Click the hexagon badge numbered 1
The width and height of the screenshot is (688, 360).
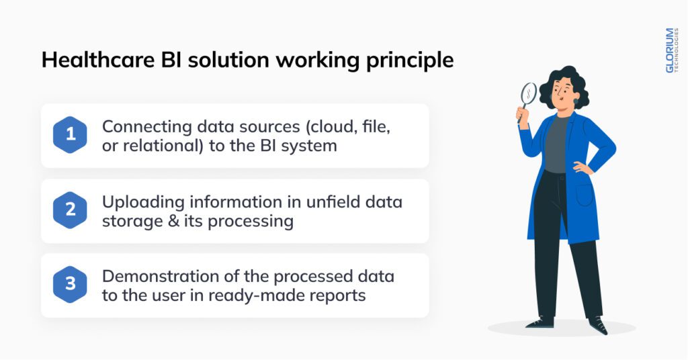coord(70,135)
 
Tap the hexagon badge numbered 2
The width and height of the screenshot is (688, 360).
coord(70,210)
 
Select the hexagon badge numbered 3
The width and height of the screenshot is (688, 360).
coord(70,285)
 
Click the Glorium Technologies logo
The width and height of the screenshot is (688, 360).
coord(671,50)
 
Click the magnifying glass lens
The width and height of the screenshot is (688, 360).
coord(529,93)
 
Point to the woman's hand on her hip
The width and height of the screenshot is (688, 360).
coord(582,168)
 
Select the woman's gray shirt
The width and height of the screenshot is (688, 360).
coord(556,144)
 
